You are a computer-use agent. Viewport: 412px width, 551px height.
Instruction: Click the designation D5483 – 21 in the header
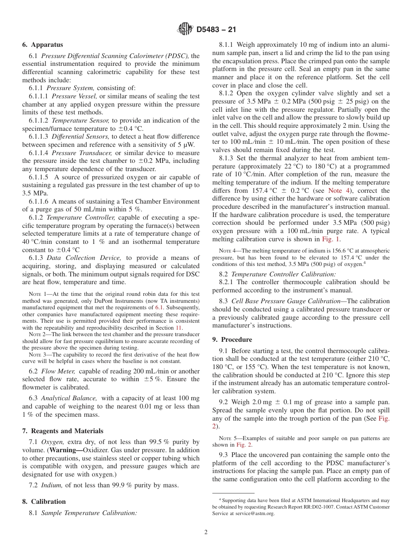(x=216, y=30)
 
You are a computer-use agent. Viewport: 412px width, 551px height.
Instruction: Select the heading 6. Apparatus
(x=43, y=45)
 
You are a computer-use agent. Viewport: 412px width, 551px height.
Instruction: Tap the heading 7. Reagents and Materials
(x=63, y=431)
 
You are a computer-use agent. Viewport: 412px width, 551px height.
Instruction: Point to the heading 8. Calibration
(x=44, y=502)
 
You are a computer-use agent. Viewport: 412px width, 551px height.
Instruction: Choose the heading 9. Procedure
(x=232, y=340)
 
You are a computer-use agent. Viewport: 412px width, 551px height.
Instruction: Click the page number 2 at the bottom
(x=206, y=532)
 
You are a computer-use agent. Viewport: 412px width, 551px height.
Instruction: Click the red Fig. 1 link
(x=330, y=239)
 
